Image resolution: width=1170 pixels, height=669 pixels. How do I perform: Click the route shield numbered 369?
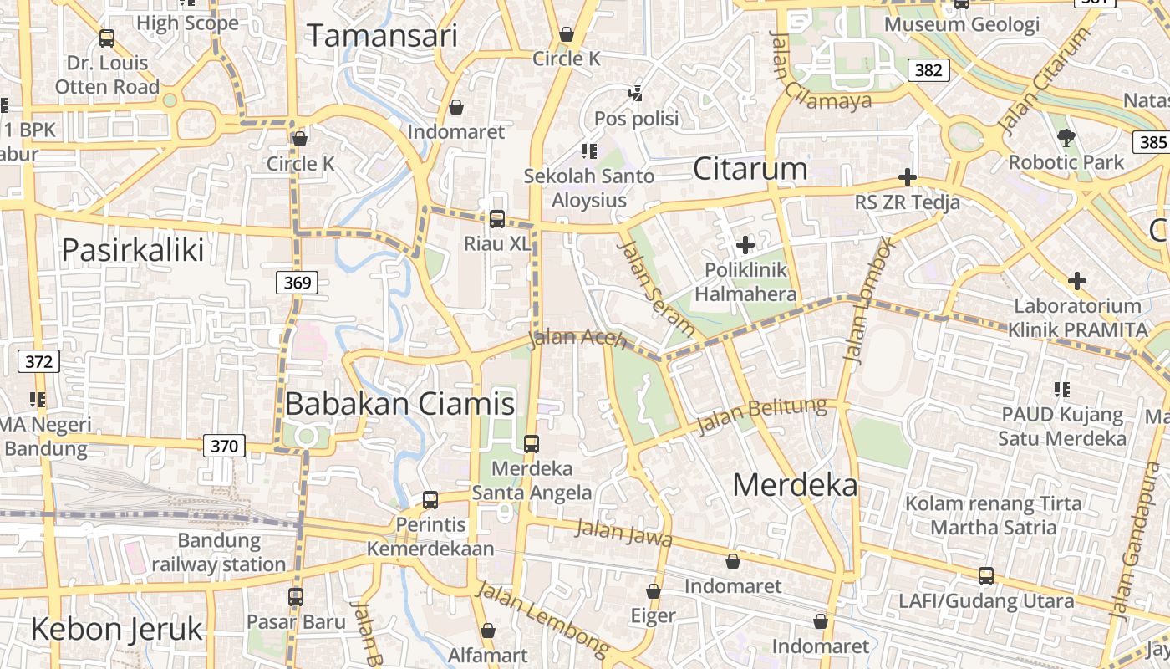297,283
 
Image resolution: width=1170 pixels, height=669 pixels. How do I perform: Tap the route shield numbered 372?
38,362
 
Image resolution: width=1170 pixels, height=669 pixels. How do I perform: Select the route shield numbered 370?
224,446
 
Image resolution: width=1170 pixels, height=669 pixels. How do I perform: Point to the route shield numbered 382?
928,70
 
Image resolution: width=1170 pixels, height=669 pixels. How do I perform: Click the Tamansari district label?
383,36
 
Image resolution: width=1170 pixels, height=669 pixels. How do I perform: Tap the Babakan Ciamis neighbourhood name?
399,404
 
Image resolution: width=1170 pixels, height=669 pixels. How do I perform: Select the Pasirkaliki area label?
133,249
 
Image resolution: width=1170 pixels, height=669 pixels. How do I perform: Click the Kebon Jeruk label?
116,629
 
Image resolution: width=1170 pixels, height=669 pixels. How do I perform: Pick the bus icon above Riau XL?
497,219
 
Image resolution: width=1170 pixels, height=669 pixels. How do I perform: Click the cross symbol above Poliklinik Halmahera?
745,245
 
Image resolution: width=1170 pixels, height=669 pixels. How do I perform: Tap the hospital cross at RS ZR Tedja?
908,177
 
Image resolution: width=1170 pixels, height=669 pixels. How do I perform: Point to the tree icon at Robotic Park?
1066,137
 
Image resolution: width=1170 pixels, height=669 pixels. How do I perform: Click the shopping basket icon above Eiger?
654,591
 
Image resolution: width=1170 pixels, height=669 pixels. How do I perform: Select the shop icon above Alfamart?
488,630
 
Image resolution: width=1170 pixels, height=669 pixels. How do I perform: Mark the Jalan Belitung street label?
761,416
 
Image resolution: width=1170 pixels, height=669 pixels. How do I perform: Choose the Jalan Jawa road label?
624,533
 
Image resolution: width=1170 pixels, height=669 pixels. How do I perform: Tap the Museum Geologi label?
962,24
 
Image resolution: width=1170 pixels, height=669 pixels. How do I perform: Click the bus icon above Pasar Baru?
296,597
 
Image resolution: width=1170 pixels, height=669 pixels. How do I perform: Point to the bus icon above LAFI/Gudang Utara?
986,576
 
